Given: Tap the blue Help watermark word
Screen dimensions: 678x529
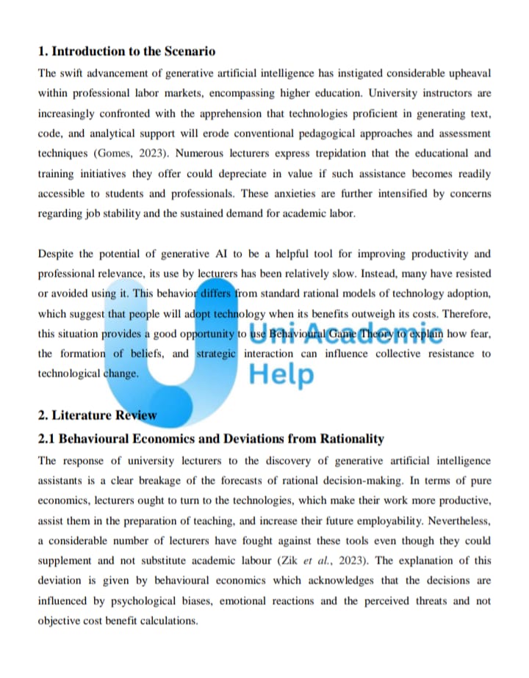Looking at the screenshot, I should point(281,374).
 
